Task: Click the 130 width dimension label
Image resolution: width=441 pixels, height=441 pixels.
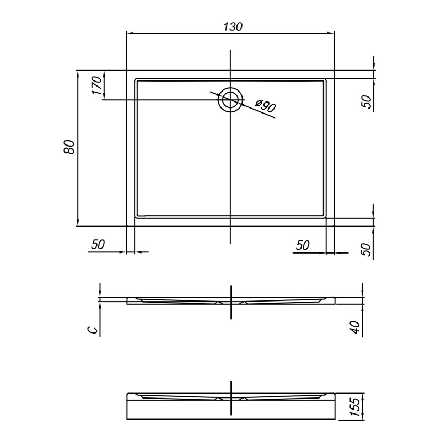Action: [233, 26]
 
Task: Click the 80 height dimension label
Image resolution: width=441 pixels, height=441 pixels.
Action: [69, 147]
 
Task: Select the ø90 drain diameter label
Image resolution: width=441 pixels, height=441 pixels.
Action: [265, 106]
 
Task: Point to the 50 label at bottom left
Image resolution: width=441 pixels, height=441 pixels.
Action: [98, 244]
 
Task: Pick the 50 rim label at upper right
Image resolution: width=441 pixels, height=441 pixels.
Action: [366, 101]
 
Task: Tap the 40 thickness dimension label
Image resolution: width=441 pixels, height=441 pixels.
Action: [356, 327]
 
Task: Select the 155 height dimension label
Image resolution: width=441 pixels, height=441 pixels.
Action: [355, 407]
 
